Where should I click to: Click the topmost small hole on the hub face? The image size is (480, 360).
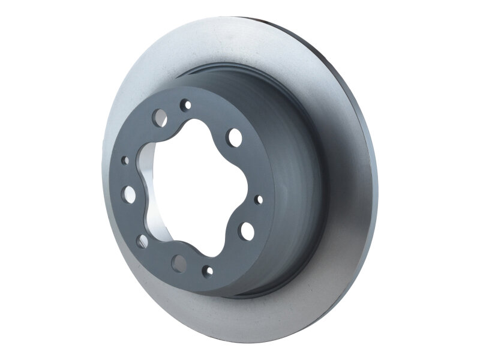(187, 105)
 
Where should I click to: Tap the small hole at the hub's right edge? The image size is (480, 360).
(259, 199)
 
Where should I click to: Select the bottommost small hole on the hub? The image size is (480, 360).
(208, 271)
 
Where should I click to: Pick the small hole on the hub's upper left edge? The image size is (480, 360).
(125, 161)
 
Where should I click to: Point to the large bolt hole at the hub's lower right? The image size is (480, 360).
(247, 230)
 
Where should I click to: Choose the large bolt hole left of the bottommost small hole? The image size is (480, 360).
(179, 262)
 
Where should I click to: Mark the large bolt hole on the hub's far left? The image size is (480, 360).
(129, 193)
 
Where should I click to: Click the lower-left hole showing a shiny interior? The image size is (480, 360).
(142, 241)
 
